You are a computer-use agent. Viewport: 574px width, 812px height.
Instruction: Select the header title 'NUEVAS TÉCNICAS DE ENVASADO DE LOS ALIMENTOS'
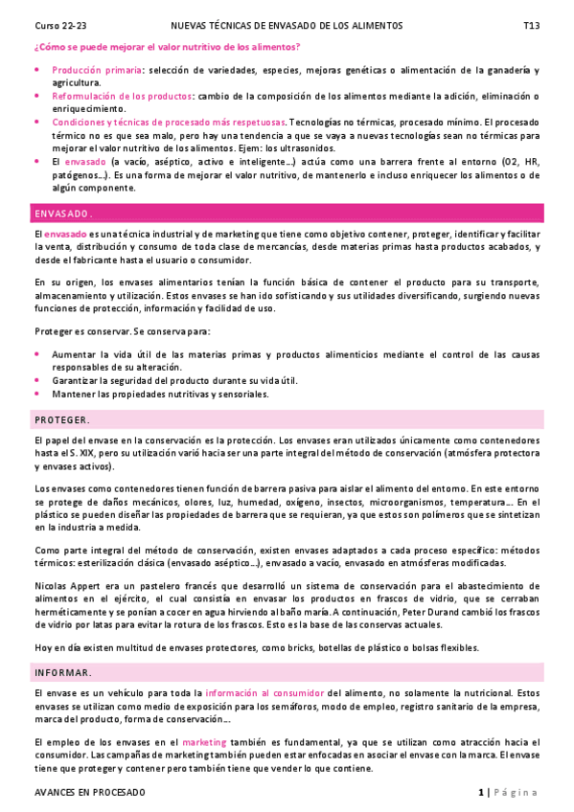pos(287,25)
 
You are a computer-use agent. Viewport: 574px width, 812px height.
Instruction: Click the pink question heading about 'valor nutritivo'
pos(167,47)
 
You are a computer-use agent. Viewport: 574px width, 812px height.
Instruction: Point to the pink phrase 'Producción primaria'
pos(97,71)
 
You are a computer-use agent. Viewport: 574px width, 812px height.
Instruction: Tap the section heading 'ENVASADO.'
pos(62,213)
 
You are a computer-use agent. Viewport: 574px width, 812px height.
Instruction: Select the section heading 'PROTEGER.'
pos(62,419)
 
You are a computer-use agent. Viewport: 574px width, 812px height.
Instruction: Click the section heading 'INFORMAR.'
pos(63,672)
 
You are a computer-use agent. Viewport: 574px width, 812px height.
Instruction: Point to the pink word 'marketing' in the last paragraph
pos(204,742)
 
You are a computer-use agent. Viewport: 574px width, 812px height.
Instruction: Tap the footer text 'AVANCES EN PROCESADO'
pos(89,793)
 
